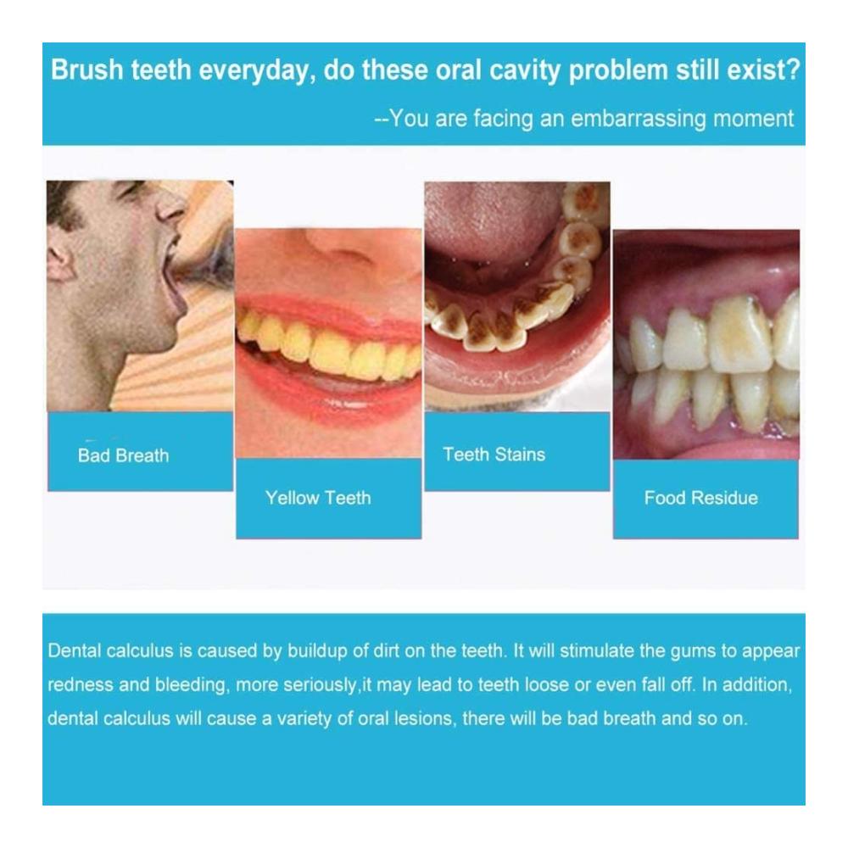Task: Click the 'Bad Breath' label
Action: (x=123, y=455)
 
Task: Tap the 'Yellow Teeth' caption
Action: (x=318, y=498)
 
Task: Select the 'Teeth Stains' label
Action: (x=494, y=455)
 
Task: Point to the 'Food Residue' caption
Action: (x=701, y=498)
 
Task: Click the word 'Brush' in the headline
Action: (x=87, y=70)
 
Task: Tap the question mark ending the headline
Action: (x=793, y=70)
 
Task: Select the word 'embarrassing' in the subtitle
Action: (x=639, y=119)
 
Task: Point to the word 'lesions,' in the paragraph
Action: (x=423, y=718)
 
